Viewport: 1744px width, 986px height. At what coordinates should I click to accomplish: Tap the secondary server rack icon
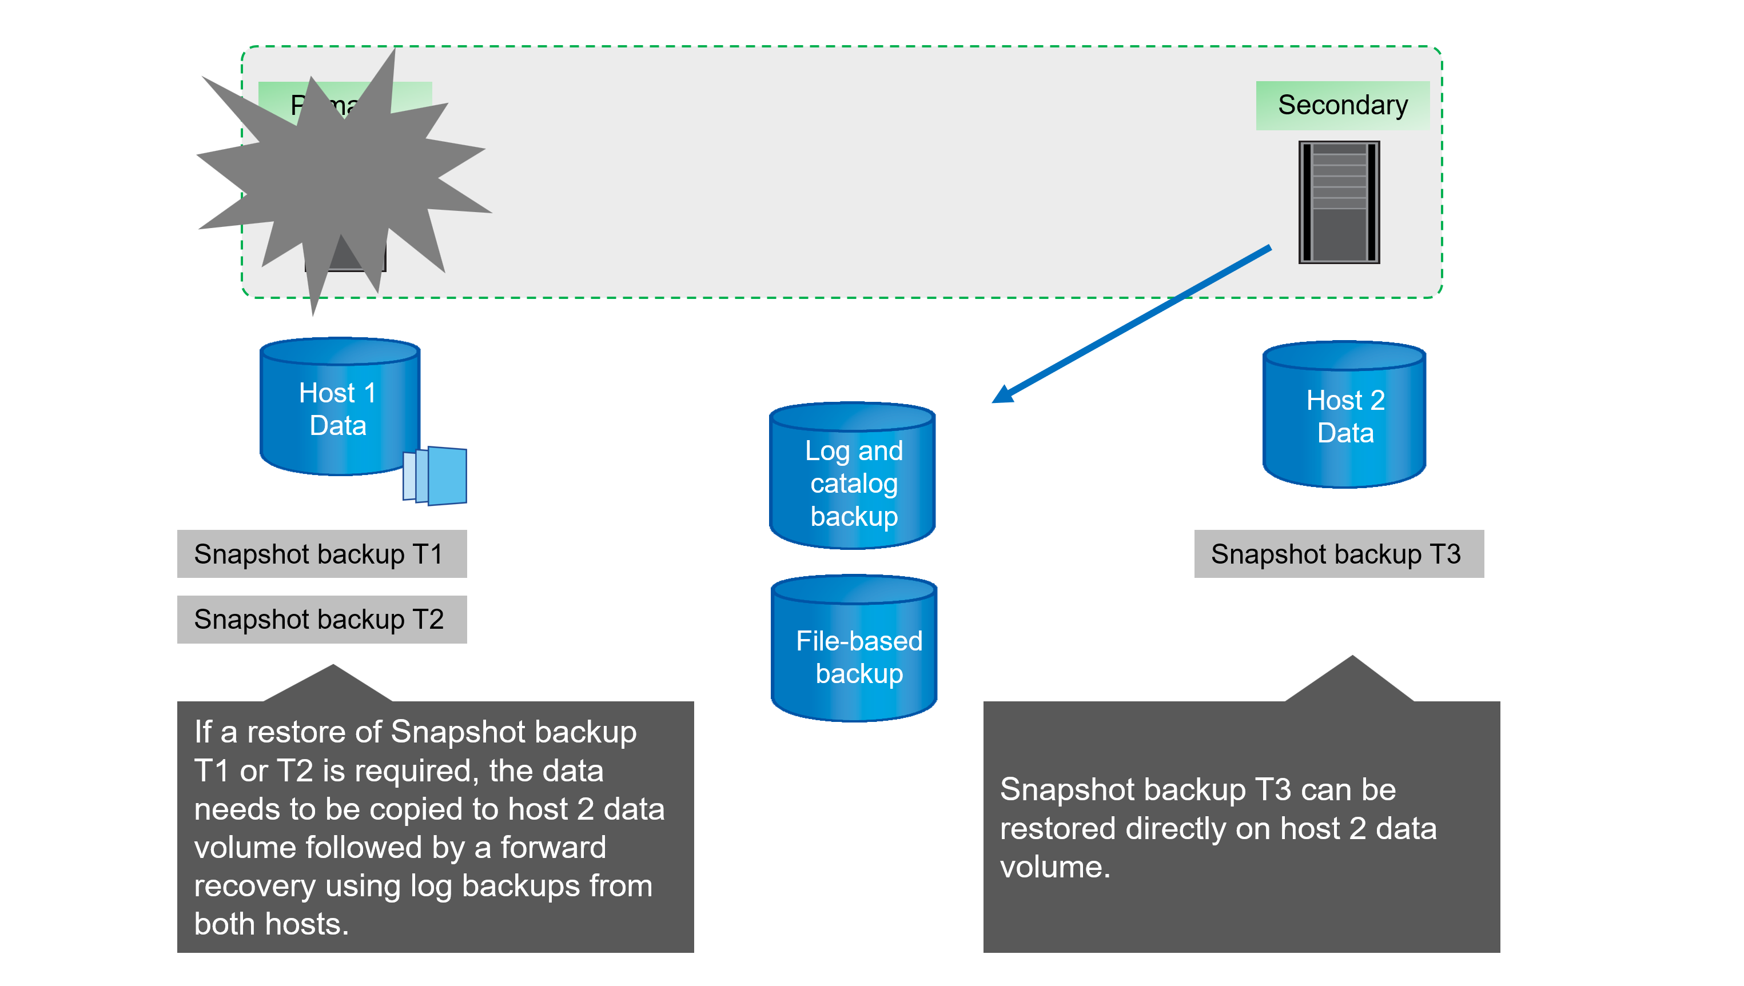[1339, 202]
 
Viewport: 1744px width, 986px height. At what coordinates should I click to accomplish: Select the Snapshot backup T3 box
[1339, 554]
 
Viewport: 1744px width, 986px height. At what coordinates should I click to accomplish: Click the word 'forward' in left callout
[553, 847]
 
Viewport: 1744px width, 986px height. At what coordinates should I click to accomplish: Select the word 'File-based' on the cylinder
[859, 641]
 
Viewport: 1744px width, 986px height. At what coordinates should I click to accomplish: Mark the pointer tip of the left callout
[333, 666]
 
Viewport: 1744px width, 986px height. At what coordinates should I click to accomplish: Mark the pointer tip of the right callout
[1352, 657]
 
